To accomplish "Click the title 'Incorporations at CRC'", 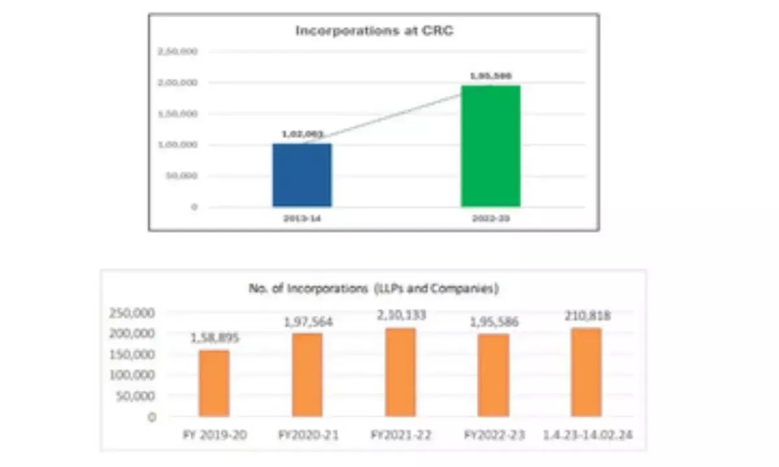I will point(374,30).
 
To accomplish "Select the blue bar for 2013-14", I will point(302,175).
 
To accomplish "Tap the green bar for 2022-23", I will point(491,146).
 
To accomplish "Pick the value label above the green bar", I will point(491,76).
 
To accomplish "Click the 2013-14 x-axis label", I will point(302,220).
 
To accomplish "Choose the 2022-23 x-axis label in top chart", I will point(491,220).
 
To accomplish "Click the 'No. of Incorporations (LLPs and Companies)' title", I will point(373,289).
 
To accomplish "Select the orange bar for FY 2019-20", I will point(214,383).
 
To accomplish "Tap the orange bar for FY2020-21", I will point(307,375).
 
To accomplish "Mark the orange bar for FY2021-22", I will point(401,372).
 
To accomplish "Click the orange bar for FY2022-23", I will point(493,376).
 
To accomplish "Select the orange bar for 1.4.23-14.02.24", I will point(586,372).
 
